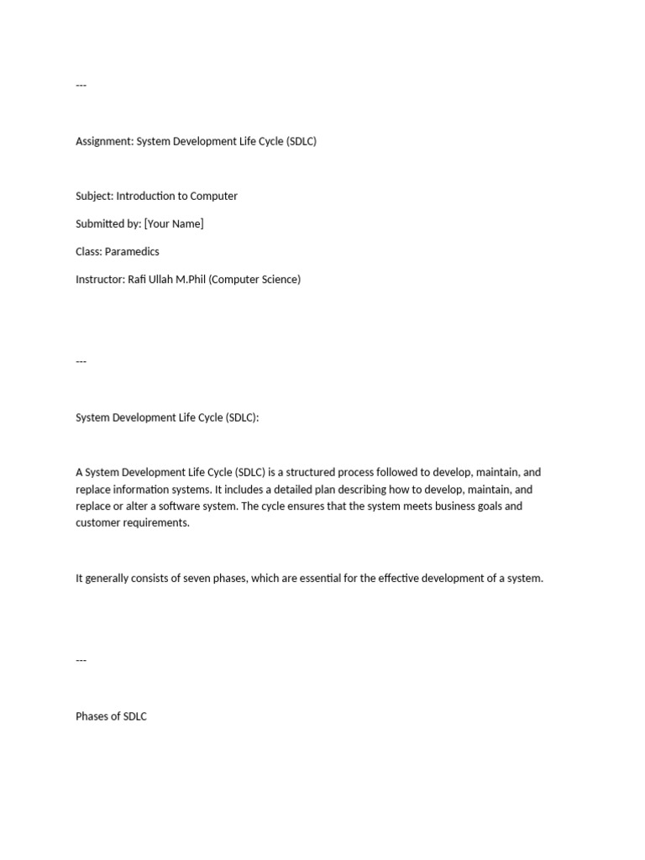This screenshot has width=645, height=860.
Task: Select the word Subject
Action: pos(94,196)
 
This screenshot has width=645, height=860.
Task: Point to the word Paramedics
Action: pos(133,251)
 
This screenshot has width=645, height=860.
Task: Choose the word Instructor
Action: pos(100,279)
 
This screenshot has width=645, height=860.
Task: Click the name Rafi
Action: pos(139,279)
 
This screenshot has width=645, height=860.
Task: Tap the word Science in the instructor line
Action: pos(277,279)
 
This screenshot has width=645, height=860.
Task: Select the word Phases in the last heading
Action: pos(93,716)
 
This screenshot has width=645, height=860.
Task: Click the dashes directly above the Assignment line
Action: pos(81,86)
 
